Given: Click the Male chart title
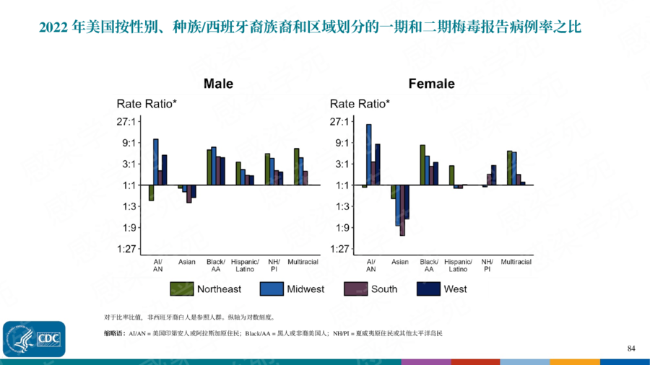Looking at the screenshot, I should pos(218,84).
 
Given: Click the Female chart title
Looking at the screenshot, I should pos(431,84).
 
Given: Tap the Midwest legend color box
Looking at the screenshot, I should pos(272,289).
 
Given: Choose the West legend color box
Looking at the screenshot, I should pos(429,289).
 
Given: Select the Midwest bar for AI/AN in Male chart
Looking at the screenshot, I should pos(155,162).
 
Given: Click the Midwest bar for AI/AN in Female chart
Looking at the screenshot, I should pos(368,154).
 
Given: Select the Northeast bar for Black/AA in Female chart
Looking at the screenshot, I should pos(422,164).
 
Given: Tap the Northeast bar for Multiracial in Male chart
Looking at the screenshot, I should pos(296,167).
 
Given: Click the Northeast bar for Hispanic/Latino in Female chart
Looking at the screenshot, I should pos(451,175).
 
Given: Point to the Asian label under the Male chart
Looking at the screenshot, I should pos(187,262).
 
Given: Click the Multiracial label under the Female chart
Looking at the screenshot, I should pos(516,262).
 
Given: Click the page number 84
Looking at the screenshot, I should pos(631,349).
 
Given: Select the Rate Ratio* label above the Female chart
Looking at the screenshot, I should pos(360,104).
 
